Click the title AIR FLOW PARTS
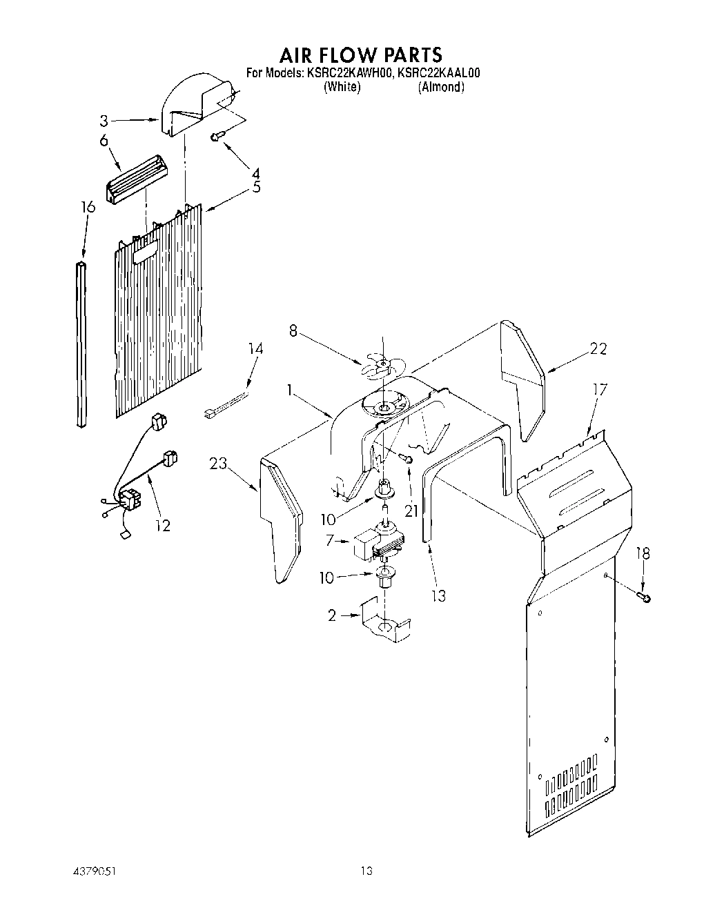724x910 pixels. [361, 54]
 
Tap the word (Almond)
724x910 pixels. [440, 87]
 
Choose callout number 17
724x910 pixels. [600, 390]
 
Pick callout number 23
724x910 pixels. [218, 464]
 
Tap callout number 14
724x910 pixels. [255, 349]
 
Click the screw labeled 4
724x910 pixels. [216, 137]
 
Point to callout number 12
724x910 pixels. [162, 525]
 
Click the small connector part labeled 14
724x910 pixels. [223, 407]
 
